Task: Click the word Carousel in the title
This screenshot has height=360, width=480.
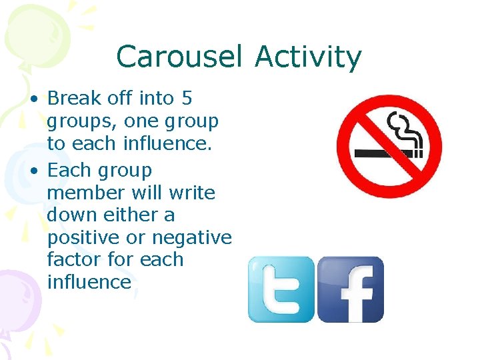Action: coord(178,57)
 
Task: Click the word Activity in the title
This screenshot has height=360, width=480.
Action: coord(307,58)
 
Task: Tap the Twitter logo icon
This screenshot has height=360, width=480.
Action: coord(281,289)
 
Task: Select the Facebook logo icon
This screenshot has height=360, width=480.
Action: coord(350,289)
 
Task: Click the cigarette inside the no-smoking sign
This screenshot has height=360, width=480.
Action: coord(384,153)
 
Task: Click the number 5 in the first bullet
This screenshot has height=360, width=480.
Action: coord(187,99)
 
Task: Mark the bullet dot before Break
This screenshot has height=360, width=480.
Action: coord(33,99)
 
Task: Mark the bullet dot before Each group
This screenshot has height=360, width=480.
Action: coord(33,171)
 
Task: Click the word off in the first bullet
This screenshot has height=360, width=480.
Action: coord(120,99)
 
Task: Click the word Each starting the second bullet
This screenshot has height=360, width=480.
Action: coord(69,171)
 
